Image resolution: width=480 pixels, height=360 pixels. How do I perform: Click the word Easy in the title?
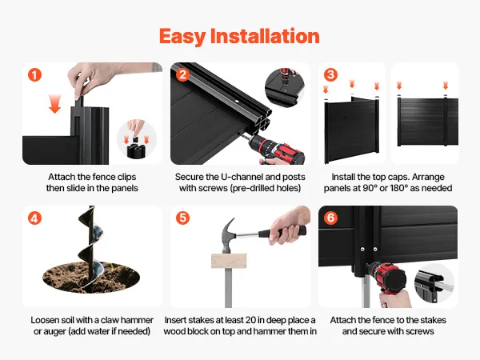pyautogui.click(x=182, y=37)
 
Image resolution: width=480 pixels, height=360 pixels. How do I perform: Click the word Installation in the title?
pyautogui.click(x=265, y=36)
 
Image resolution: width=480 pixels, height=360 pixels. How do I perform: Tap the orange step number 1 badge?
pyautogui.click(x=34, y=75)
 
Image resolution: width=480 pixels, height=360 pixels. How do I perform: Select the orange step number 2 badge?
pyautogui.click(x=182, y=75)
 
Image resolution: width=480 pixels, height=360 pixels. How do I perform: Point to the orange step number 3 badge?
pyautogui.click(x=330, y=75)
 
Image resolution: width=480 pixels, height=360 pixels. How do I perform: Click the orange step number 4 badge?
pyautogui.click(x=34, y=218)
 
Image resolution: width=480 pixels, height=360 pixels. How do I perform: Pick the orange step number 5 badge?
pyautogui.click(x=182, y=218)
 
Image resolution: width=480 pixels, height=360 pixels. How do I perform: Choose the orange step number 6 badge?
pyautogui.click(x=330, y=218)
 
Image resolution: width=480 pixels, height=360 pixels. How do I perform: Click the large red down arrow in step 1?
pyautogui.click(x=54, y=104)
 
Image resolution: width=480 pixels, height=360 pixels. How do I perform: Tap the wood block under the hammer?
pyautogui.click(x=229, y=261)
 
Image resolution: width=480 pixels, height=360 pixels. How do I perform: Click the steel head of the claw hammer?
pyautogui.click(x=228, y=234)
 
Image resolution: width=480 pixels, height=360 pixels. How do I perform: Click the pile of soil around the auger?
pyautogui.click(x=91, y=277)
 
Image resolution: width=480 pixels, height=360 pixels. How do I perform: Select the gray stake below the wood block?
pyautogui.click(x=228, y=288)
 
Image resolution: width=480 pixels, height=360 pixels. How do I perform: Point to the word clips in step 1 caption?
pyautogui.click(x=126, y=178)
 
